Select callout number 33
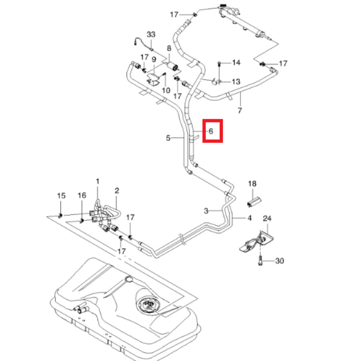tap(151, 35)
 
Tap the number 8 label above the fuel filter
tap(169, 48)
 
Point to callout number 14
tap(236, 63)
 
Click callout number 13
tap(236, 82)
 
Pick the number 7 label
tap(240, 110)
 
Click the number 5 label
tap(168, 138)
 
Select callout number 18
tap(252, 184)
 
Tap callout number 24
tap(267, 218)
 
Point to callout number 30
tap(280, 261)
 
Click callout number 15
tap(61, 196)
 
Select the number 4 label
tap(249, 218)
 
